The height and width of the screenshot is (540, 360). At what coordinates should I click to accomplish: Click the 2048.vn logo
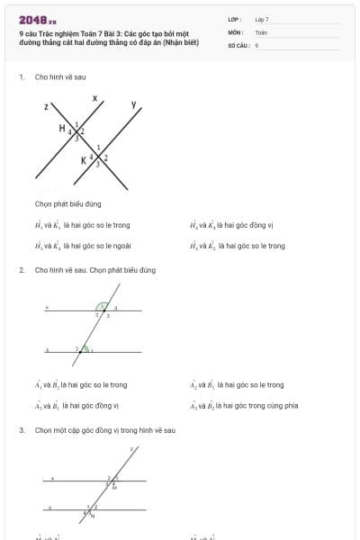pyautogui.click(x=37, y=20)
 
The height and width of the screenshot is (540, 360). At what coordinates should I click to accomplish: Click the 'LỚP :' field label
pyautogui.click(x=235, y=19)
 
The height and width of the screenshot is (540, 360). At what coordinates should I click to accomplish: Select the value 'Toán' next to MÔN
pyautogui.click(x=261, y=31)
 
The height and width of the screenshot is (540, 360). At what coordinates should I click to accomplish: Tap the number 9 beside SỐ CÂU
pyautogui.click(x=256, y=44)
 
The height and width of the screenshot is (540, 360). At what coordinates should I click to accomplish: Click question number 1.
pyautogui.click(x=21, y=77)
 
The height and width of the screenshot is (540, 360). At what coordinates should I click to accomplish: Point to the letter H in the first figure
pyautogui.click(x=62, y=128)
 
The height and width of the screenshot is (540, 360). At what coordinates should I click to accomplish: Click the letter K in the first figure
pyautogui.click(x=84, y=160)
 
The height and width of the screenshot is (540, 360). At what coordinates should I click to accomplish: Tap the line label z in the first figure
pyautogui.click(x=45, y=106)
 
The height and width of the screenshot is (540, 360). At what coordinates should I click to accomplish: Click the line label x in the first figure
pyautogui.click(x=94, y=96)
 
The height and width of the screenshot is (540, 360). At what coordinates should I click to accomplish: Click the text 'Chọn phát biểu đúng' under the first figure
pyautogui.click(x=67, y=204)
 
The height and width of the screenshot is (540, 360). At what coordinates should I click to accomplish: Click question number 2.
pyautogui.click(x=21, y=270)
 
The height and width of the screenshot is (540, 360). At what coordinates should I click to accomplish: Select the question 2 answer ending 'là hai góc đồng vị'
pyautogui.click(x=76, y=405)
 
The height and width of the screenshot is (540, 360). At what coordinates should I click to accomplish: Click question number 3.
pyautogui.click(x=21, y=430)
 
